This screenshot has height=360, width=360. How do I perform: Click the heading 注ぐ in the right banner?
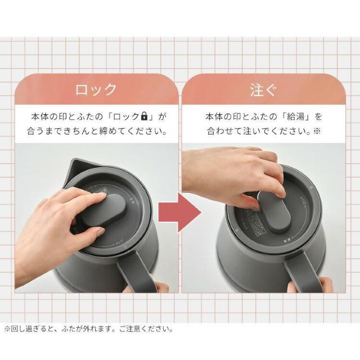click(x=263, y=89)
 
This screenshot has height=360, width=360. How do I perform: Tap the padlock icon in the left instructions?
click(x=144, y=117)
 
